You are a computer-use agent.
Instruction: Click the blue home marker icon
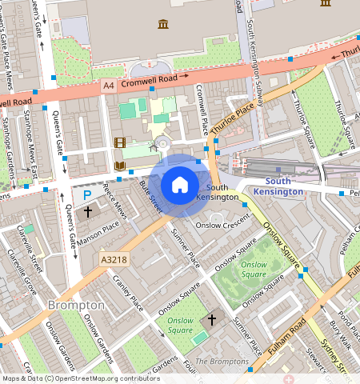[180, 185]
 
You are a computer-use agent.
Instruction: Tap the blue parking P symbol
[86, 194]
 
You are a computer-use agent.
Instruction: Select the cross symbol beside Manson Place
[87, 213]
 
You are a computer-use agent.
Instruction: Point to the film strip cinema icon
[120, 143]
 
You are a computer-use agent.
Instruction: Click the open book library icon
[120, 166]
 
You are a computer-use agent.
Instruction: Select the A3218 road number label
[115, 260]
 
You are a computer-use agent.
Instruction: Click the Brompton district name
[76, 305]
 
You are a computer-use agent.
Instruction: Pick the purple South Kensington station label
[278, 186]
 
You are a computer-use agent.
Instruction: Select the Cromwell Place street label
[201, 110]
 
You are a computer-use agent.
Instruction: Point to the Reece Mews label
[117, 209]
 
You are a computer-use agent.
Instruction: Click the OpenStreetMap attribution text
[80, 378]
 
